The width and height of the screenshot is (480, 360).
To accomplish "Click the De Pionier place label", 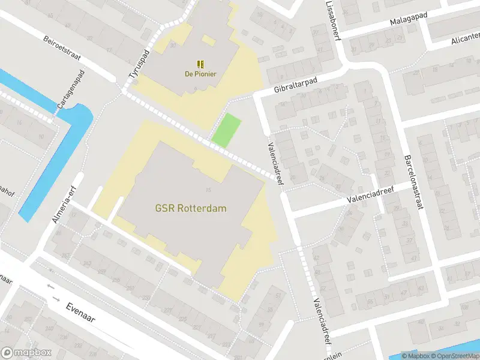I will click(x=200, y=74).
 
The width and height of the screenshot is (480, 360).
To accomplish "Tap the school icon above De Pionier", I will click(x=200, y=64).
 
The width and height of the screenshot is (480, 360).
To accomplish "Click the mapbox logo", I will click(x=26, y=353).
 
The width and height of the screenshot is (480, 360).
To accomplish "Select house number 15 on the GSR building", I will click(x=208, y=190).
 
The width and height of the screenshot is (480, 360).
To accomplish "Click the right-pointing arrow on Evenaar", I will click(x=56, y=298).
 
